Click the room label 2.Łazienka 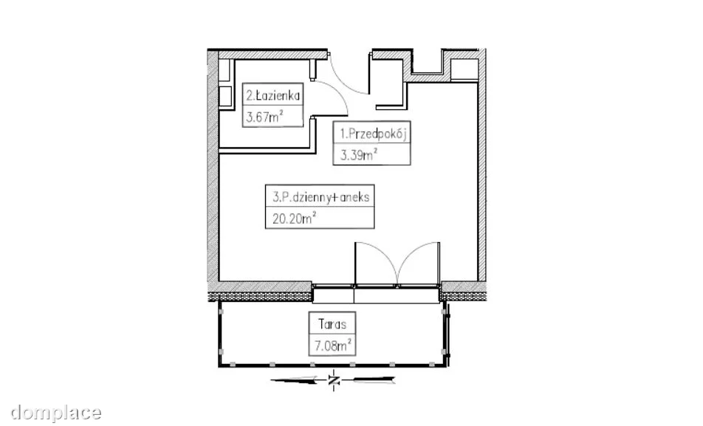click(272, 95)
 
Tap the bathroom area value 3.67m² click(264, 117)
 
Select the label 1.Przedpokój click(373, 134)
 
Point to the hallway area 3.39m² click(358, 155)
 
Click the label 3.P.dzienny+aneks click(321, 197)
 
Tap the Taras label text click(332, 324)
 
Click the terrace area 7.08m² click(332, 346)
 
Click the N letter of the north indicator click(333, 381)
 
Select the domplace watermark click(55, 413)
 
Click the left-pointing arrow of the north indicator click(298, 381)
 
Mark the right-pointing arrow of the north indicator click(373, 381)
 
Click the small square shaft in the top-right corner click(464, 69)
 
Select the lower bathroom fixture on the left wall click(225, 97)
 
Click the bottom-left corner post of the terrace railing click(221, 365)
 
